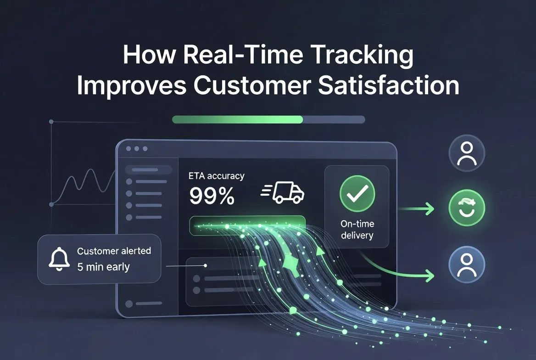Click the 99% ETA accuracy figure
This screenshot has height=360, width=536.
coord(212,197)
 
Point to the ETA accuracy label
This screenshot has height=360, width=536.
coord(217,176)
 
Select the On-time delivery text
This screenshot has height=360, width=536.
coord(357,230)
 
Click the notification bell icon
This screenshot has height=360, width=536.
coord(58,259)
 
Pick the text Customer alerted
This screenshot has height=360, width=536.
coord(114,251)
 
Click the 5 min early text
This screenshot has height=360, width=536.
coord(104,267)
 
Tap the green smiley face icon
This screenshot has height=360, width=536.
coord(467,209)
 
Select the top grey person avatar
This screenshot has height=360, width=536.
coord(467,154)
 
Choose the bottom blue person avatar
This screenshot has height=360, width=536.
coord(467,264)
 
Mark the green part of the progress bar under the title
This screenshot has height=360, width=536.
coord(237,119)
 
